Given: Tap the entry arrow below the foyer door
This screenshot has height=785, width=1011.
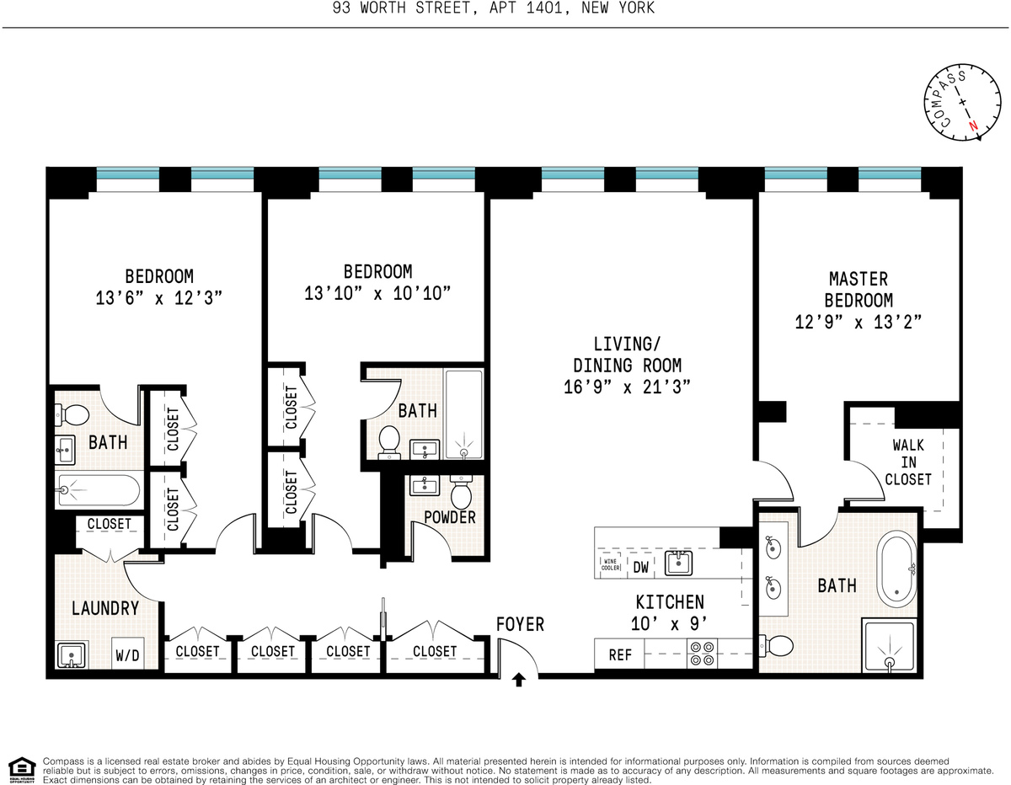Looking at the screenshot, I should [519, 680].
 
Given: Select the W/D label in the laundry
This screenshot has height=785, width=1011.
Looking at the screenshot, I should [128, 654].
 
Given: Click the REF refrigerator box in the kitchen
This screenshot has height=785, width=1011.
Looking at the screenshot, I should [620, 654].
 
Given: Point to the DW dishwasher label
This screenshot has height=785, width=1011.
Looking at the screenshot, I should [641, 567].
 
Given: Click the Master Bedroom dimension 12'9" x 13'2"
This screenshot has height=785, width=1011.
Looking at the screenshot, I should [859, 321].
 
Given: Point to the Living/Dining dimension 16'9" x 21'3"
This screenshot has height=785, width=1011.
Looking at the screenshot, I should [627, 387].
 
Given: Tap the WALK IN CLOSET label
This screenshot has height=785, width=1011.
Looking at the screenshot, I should [907, 462].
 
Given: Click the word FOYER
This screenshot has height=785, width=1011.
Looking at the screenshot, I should [520, 624].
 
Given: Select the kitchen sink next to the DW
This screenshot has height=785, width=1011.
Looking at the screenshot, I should [679, 563].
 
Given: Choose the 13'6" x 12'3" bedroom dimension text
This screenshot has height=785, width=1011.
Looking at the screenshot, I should [159, 297].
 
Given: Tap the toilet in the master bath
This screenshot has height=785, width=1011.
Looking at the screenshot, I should [777, 646].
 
